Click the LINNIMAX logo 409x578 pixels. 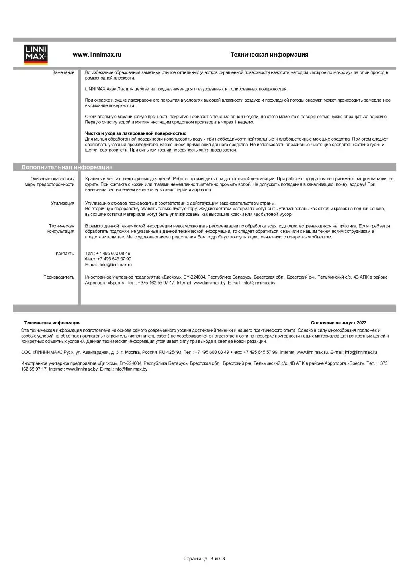(36, 55)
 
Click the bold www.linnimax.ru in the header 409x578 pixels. (97, 55)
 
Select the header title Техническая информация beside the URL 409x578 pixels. (269, 55)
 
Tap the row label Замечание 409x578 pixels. (63, 72)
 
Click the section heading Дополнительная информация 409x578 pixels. (67, 167)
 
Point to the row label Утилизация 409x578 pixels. (63, 203)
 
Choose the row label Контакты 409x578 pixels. (65, 253)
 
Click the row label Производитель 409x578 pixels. (59, 277)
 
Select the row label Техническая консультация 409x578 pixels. (61, 228)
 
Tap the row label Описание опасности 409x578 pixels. (52, 179)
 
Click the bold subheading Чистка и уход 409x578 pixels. (135, 133)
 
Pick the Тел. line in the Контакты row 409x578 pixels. (108, 253)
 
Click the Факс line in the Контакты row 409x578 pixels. (108, 259)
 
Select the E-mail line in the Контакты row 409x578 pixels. (108, 264)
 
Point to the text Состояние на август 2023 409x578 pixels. (339, 323)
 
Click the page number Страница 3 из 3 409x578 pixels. (204, 558)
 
